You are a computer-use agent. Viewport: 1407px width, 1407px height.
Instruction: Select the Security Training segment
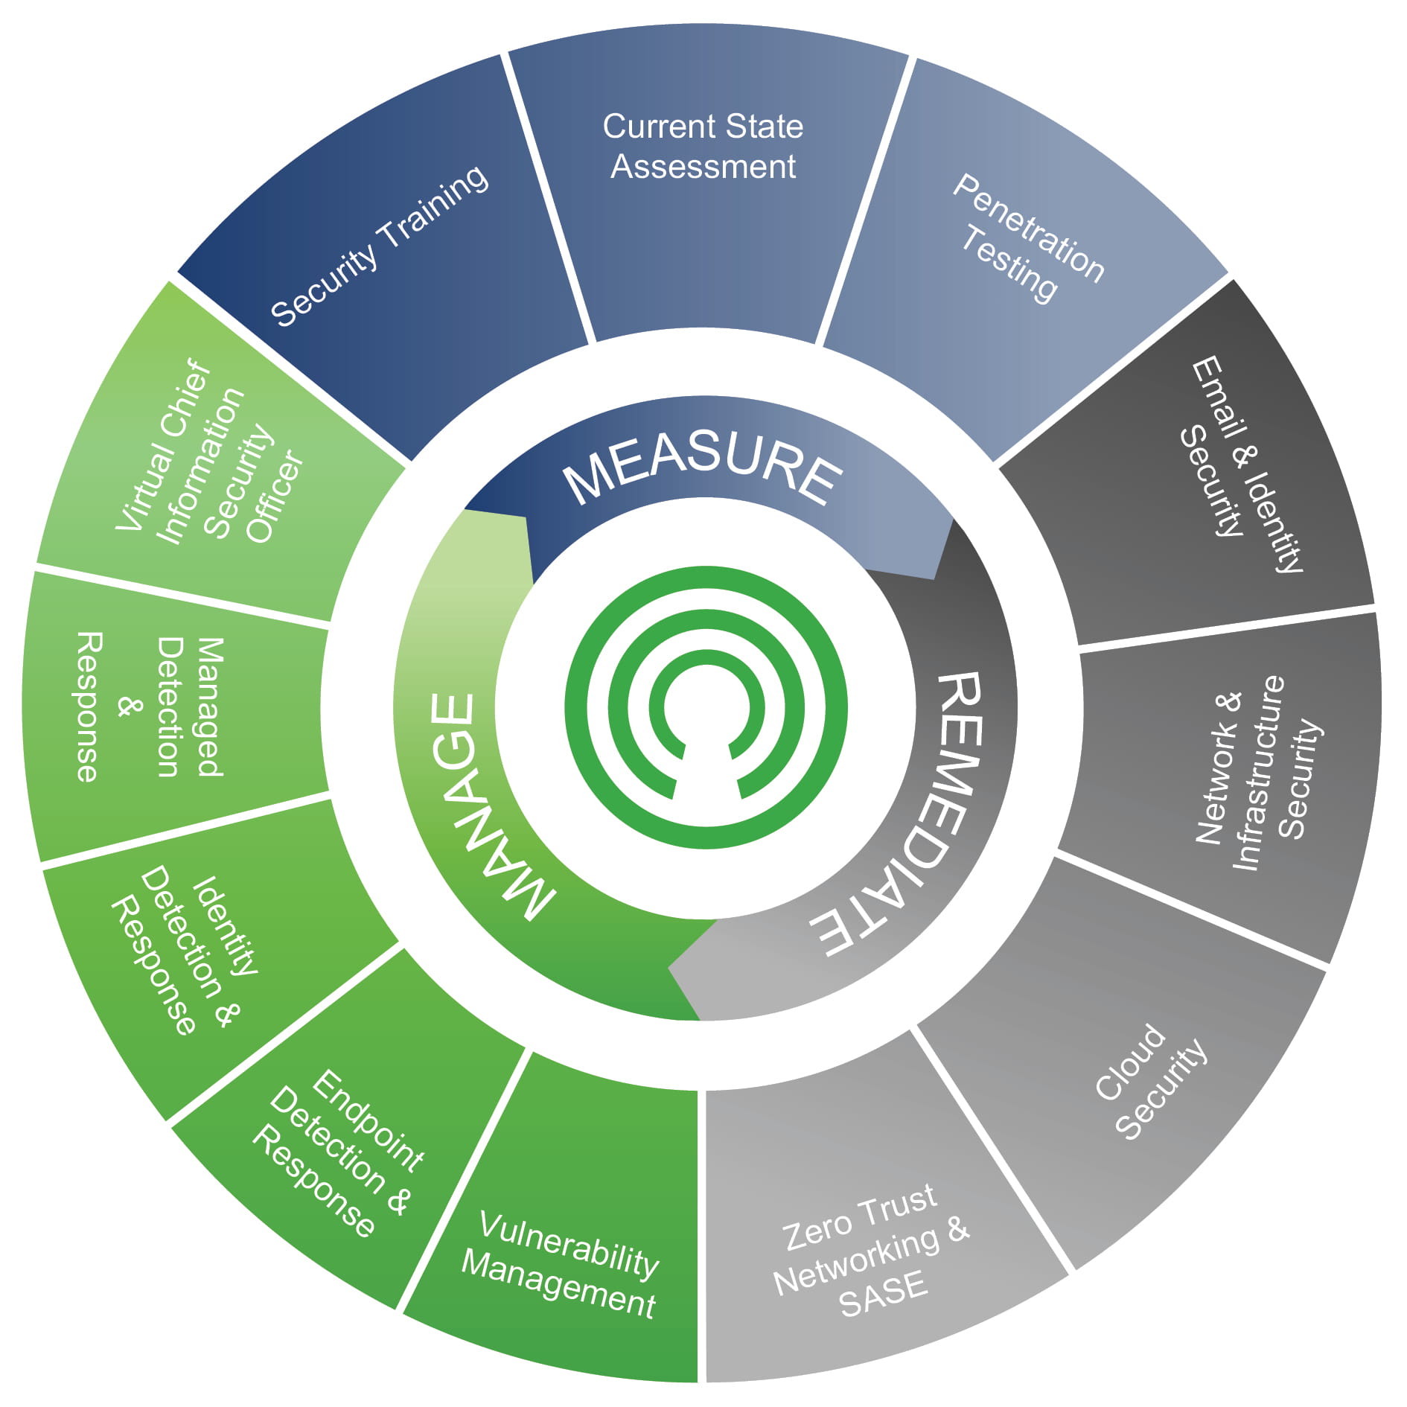pyautogui.click(x=380, y=246)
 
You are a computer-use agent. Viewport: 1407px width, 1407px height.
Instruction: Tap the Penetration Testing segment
pyautogui.click(x=1027, y=238)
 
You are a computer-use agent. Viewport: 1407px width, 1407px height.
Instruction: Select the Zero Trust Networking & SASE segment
pyautogui.click(x=871, y=1251)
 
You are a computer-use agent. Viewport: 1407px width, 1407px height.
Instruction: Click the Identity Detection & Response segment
pyautogui.click(x=186, y=953)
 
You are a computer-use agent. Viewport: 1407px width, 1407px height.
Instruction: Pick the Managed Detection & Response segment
pyautogui.click(x=149, y=707)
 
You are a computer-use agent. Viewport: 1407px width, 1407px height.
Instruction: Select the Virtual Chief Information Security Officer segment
pyautogui.click(x=208, y=454)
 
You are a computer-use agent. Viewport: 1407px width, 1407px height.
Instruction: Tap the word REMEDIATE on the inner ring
pyautogui.click(x=908, y=811)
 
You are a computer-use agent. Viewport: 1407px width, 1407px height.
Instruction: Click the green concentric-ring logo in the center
pyautogui.click(x=705, y=707)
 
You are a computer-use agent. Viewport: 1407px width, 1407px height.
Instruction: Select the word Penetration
pyautogui.click(x=1028, y=227)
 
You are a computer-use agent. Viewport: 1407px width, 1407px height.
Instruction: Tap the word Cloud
pyautogui.click(x=1130, y=1062)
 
